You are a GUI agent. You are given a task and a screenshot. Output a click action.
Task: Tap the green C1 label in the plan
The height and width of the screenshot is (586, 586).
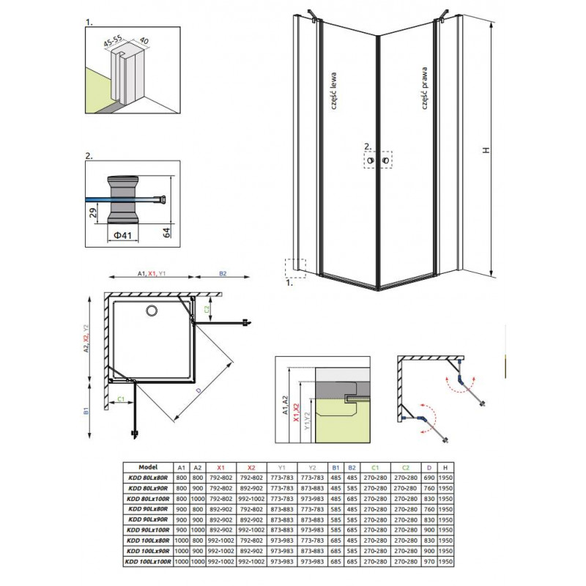(x=121, y=400)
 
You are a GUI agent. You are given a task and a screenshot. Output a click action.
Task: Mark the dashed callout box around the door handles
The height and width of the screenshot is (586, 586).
(x=377, y=160)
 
